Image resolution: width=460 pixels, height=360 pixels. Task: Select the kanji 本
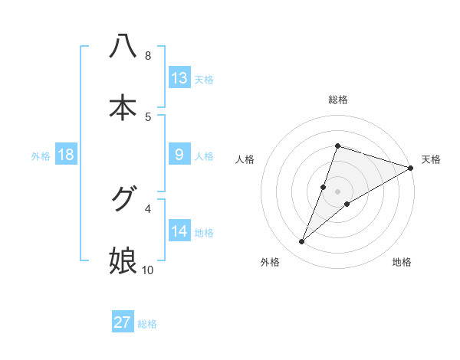123,107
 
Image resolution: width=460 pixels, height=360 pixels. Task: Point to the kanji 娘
123,260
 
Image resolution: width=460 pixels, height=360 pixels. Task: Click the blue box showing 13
179,78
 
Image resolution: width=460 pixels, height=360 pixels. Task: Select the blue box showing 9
179,155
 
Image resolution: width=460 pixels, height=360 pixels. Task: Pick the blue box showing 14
179,231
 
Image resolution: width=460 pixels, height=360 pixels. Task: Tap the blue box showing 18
66,155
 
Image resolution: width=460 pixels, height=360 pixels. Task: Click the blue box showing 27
123,322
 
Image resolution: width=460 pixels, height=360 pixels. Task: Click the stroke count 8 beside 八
147,55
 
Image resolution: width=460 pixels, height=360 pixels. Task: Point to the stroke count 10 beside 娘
148,270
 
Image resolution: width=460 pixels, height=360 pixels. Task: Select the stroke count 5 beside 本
147,116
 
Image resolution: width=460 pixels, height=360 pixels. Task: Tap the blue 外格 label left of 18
41,155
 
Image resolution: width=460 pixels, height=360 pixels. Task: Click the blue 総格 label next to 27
147,323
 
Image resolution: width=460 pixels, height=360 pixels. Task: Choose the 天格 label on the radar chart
432,159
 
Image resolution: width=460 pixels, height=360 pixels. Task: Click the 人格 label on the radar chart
245,159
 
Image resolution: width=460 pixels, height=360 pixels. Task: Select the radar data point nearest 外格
302,242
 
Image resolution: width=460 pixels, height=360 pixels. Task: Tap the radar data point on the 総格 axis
337,146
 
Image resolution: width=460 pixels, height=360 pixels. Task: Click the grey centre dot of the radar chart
337,191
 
